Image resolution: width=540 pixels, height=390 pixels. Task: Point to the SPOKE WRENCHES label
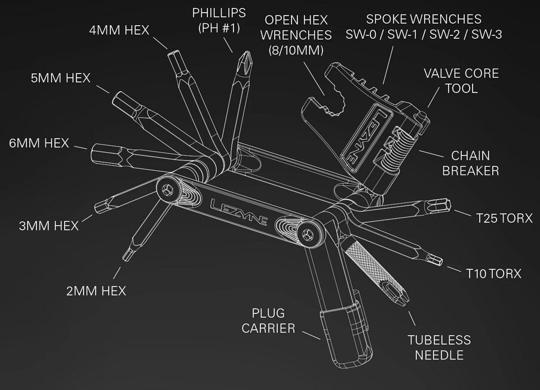coord(424,27)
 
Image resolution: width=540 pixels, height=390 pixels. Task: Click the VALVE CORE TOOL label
coord(461,81)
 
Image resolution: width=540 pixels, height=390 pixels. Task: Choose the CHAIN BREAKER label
coord(475,163)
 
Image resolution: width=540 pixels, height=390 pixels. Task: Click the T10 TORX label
coord(493,274)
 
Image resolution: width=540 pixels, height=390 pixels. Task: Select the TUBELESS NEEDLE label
coord(438,348)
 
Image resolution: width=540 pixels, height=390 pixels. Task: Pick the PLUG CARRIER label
coord(272,321)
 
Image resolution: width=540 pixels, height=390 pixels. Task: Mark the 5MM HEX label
coord(60,78)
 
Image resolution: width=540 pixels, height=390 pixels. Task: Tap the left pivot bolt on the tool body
coord(168,189)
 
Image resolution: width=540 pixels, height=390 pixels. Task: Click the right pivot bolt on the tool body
coord(309,234)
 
